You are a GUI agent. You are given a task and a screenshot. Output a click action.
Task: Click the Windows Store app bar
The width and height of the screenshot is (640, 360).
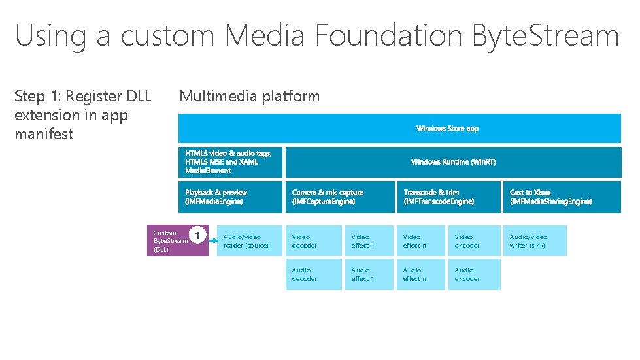(x=399, y=128)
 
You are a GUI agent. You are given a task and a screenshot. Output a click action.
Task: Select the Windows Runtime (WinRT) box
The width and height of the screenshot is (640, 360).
(x=453, y=162)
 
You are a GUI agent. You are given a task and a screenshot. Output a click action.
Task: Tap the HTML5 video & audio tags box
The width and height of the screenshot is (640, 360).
(x=230, y=162)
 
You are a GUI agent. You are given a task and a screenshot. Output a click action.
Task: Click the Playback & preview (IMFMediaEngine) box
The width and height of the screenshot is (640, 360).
(x=230, y=197)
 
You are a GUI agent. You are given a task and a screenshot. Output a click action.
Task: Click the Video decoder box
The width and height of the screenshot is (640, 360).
(x=313, y=240)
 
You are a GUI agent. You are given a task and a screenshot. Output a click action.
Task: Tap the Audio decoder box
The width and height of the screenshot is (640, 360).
(x=313, y=274)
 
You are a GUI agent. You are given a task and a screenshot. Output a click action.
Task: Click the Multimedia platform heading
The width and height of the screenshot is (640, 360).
(x=249, y=96)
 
